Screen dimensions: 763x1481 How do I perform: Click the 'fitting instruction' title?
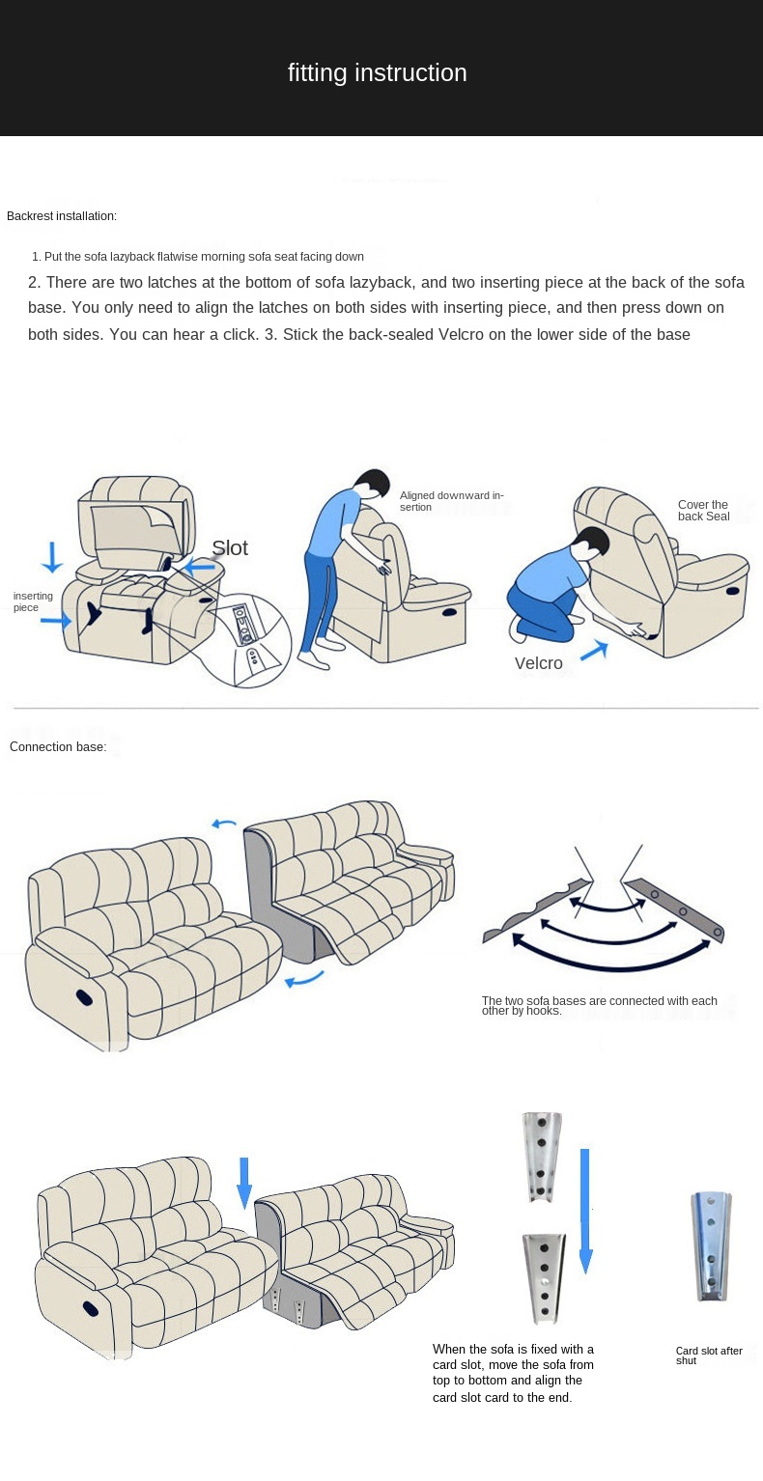[x=377, y=72]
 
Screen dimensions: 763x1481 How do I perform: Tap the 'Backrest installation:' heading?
[x=62, y=216]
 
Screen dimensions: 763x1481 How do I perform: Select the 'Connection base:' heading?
[x=58, y=747]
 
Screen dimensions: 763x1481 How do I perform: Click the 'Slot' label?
[x=230, y=548]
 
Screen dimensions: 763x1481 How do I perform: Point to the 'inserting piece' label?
[x=33, y=601]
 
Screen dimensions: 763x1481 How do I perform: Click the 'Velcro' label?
[x=538, y=663]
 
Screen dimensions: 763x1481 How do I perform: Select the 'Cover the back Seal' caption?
[x=703, y=511]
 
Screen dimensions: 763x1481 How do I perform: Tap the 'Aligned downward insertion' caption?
[x=452, y=501]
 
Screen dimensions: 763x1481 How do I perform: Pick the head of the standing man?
[x=373, y=484]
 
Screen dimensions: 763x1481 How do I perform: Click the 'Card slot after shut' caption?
[x=709, y=1355]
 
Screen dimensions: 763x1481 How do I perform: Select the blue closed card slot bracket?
[x=711, y=1247]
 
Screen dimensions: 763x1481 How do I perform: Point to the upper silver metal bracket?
[x=542, y=1157]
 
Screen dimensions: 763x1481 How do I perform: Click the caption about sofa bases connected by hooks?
[x=599, y=1006]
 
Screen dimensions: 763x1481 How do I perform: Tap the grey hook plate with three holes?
[x=673, y=909]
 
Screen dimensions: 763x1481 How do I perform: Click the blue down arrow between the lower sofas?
[x=244, y=1183]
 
